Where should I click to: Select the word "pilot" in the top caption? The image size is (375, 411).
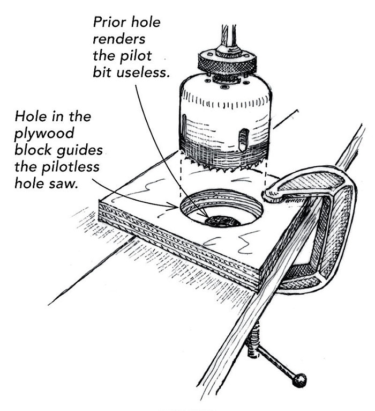click(143, 55)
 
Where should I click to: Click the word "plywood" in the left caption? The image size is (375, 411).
click(37, 132)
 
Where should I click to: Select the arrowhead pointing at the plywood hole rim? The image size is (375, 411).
click(176, 204)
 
